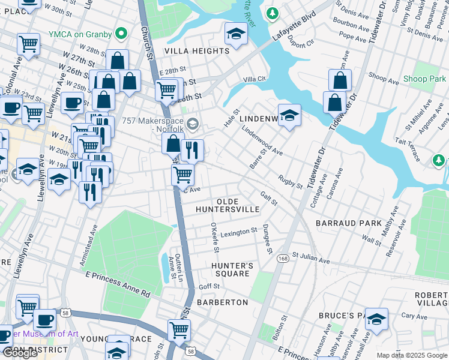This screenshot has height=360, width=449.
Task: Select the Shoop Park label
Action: [424, 79]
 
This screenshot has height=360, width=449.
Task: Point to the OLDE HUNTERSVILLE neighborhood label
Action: [228, 205]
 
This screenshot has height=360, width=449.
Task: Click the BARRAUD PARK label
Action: [350, 223]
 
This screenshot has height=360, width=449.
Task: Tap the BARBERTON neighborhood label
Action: [222, 302]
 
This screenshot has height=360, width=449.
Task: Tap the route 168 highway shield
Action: [282, 259]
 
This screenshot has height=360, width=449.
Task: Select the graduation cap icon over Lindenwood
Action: [289, 115]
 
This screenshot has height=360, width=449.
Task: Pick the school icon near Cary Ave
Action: [376, 320]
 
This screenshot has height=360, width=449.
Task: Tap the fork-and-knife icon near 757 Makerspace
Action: [192, 150]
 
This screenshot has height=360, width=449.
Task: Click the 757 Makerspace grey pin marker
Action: [192, 125]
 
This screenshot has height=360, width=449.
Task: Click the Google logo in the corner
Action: [20, 353]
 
